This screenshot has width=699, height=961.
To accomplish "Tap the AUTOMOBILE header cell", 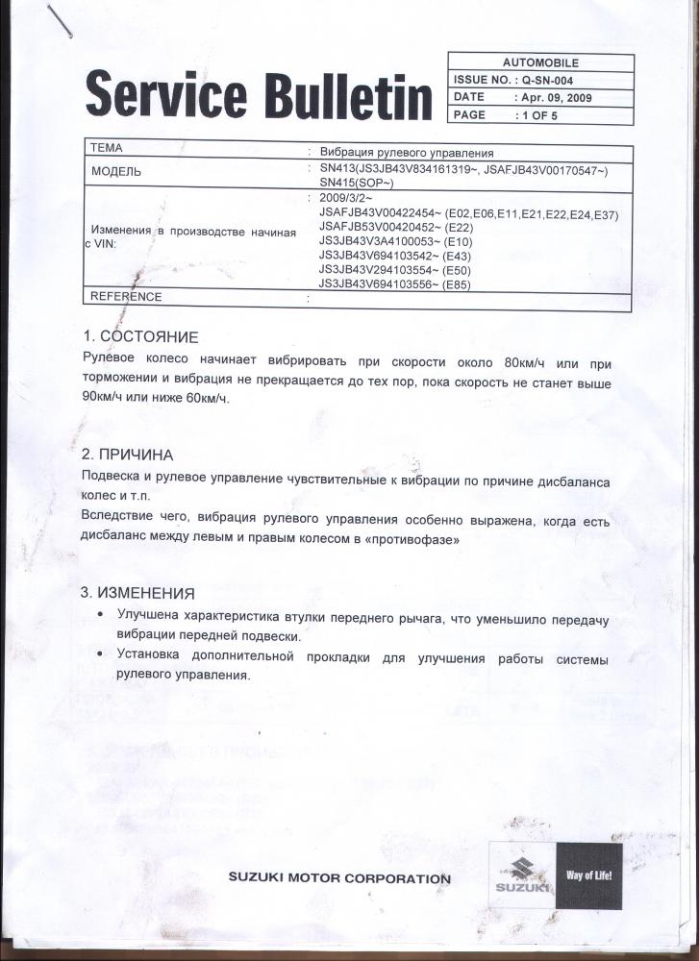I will (540, 62).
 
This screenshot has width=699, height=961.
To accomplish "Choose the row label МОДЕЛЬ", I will (116, 171).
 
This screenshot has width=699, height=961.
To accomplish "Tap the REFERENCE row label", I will (126, 297).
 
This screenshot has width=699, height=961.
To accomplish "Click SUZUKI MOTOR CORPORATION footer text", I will (338, 878).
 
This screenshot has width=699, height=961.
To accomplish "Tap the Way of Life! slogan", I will (589, 876).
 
